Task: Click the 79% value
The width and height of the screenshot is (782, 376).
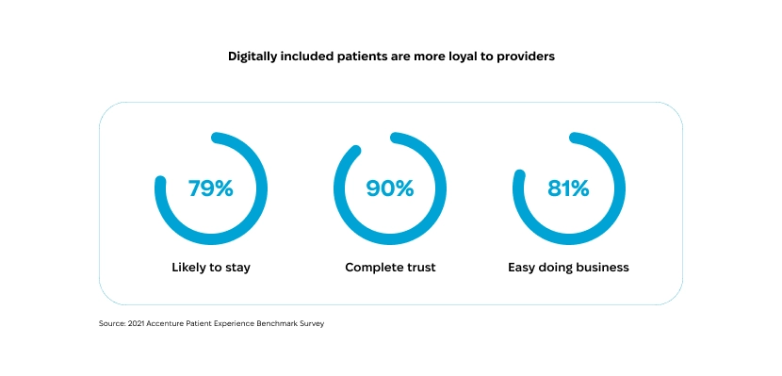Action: (210, 188)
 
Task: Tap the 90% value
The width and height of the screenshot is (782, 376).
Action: (390, 188)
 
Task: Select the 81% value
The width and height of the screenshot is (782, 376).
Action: (568, 188)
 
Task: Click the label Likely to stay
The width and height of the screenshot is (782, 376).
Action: (211, 268)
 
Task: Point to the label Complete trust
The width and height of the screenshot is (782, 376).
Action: (390, 268)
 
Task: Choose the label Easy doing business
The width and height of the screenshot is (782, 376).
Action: (568, 268)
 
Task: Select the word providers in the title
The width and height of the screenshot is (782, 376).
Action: (526, 57)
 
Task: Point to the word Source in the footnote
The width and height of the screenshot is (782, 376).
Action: (112, 324)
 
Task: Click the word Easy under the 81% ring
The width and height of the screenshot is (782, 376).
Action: (523, 268)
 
